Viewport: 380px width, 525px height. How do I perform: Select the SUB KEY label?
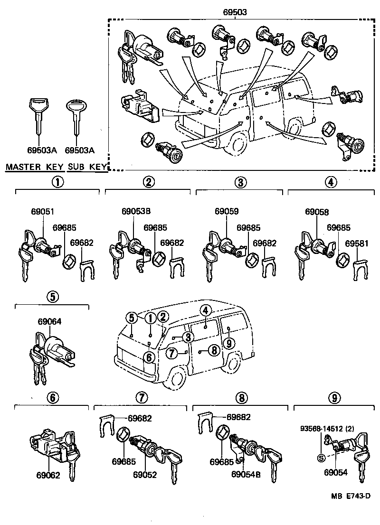87,167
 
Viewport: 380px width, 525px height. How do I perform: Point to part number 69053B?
134,212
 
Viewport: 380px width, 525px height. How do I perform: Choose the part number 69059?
226,212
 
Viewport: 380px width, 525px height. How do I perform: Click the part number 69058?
317,212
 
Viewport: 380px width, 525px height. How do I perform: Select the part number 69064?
49,321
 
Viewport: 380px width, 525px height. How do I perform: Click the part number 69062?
48,475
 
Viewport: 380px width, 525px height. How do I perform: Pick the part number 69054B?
245,474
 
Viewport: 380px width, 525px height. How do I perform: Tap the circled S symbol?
321,458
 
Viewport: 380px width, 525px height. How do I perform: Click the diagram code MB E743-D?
351,496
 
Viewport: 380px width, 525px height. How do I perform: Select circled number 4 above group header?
331,182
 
